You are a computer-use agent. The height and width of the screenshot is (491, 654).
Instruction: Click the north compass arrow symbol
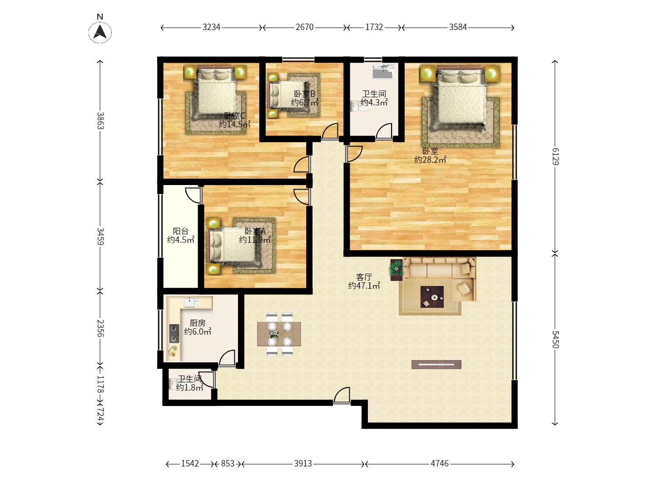pos(100,32)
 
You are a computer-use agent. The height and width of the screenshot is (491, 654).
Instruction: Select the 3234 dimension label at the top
pos(211,27)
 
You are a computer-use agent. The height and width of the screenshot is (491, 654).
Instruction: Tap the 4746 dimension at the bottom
pos(440,464)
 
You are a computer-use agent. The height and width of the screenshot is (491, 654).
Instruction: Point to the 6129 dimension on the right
pos(555,156)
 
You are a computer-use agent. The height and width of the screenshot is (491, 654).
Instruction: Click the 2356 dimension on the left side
pos(100,328)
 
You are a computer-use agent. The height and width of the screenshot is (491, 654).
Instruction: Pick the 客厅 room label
pos(364,277)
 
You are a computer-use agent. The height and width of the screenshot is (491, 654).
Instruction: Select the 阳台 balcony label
pos(181,231)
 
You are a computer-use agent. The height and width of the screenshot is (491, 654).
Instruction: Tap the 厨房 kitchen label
pos(198,323)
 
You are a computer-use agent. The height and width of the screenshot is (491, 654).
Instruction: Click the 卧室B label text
pos(304,94)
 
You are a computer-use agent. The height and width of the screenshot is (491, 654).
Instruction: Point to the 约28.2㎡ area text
pos(430,160)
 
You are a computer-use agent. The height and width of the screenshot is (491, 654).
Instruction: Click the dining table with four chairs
pos(279,334)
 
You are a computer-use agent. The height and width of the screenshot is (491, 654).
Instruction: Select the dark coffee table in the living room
pos(432,296)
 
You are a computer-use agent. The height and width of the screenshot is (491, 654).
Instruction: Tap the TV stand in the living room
pos(436,364)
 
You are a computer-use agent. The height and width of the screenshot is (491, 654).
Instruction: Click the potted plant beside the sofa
pos(396,270)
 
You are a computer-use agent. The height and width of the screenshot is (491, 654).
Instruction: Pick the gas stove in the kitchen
pos(174,333)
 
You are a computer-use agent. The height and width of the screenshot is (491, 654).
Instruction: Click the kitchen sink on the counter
pos(191,302)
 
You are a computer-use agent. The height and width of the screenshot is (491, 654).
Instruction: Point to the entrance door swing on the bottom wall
pos(342,396)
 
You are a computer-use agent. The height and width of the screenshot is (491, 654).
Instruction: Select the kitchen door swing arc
pos(227,357)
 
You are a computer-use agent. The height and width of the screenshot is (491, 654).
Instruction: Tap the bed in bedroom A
pos(235,245)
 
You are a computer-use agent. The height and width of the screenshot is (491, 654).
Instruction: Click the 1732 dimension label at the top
pos(374,27)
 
